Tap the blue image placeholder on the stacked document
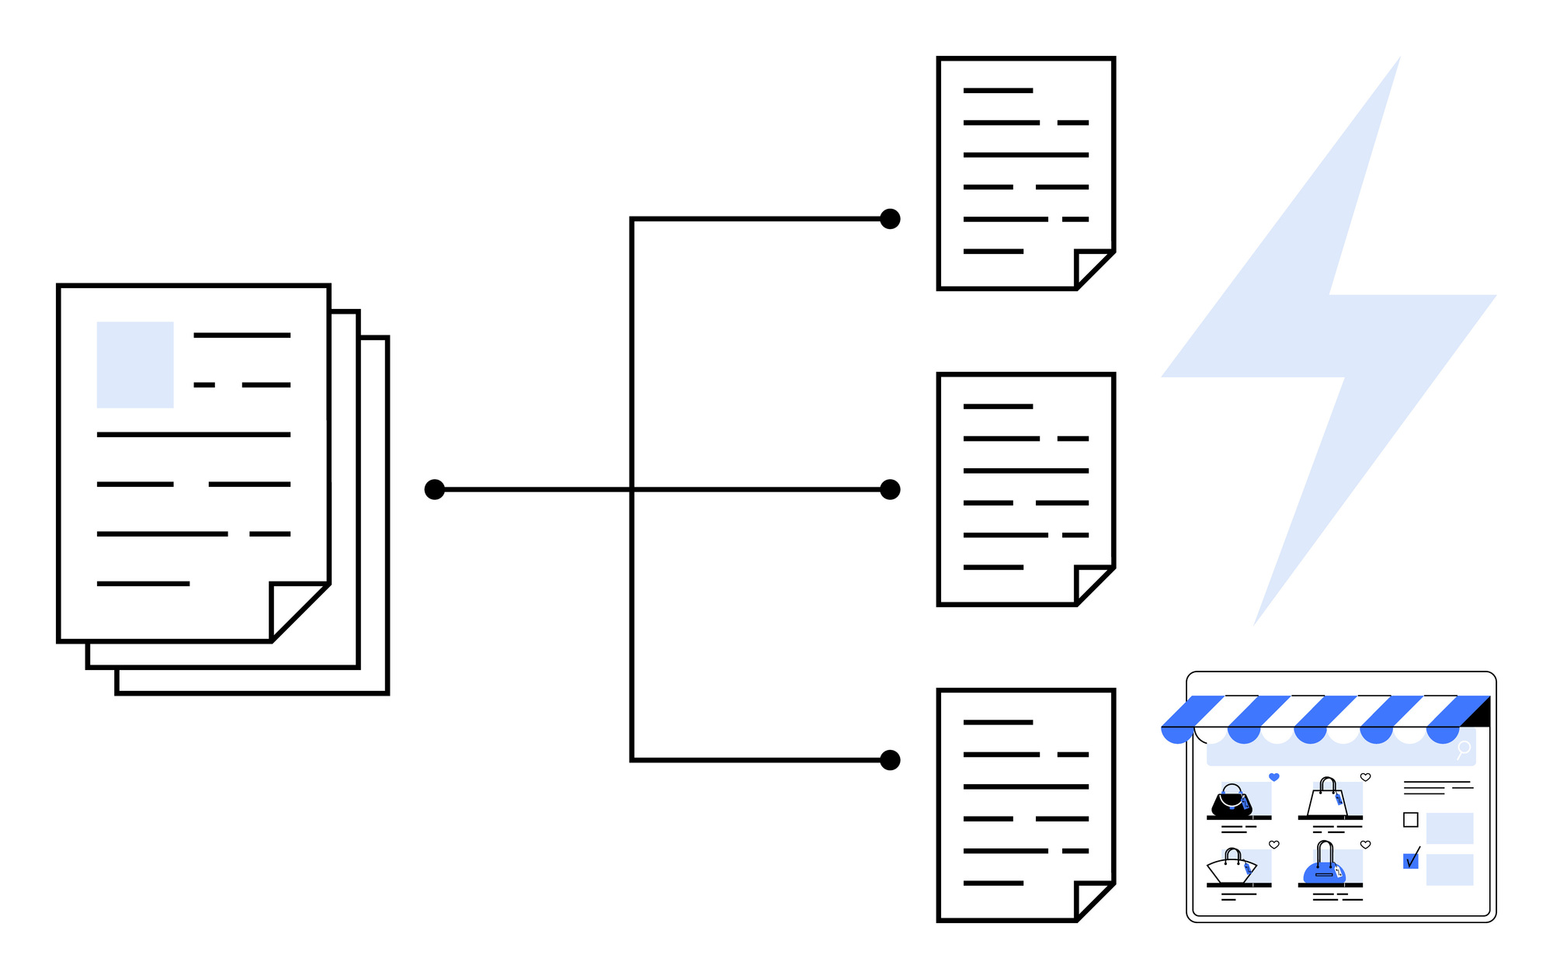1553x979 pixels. pyautogui.click(x=135, y=364)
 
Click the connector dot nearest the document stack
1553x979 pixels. pyautogui.click(x=435, y=489)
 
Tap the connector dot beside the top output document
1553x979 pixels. pyautogui.click(x=890, y=219)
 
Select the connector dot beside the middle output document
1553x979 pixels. pyautogui.click(x=890, y=489)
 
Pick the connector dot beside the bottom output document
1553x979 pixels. pyautogui.click(x=890, y=759)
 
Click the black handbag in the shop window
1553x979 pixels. pyautogui.click(x=1232, y=802)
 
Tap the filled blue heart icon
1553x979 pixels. pyautogui.click(x=1274, y=776)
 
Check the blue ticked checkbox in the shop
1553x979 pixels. pyautogui.click(x=1411, y=860)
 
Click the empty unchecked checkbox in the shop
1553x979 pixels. pyautogui.click(x=1411, y=820)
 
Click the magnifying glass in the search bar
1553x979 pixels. pyautogui.click(x=1464, y=748)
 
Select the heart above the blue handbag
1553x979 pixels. pyautogui.click(x=1366, y=844)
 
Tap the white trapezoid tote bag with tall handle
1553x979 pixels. pyautogui.click(x=1327, y=800)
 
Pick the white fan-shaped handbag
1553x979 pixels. pyautogui.click(x=1230, y=868)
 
